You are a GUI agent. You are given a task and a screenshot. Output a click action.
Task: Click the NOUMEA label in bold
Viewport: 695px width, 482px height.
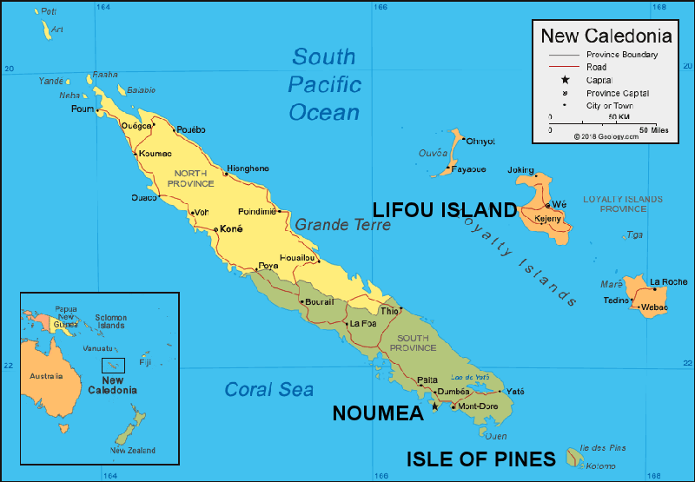pos(377,415)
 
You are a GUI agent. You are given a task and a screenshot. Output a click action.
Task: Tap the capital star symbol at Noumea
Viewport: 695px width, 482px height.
pos(434,406)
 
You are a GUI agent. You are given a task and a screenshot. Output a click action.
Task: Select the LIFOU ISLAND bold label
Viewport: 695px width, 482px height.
pos(444,209)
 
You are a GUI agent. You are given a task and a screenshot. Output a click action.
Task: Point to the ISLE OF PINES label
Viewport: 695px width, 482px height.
pos(480,459)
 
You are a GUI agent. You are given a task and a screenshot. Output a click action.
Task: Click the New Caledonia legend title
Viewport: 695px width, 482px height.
pos(606,36)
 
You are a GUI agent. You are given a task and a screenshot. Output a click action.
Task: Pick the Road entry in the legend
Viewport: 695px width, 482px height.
pos(596,67)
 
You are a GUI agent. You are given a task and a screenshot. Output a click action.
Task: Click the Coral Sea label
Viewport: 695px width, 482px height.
pos(269,390)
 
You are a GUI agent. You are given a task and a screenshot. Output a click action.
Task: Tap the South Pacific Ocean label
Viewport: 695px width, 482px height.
pos(324,84)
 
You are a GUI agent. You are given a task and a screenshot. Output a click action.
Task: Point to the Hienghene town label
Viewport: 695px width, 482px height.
pos(248,168)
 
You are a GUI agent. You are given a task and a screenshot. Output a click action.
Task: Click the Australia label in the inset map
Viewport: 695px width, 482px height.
pos(47,376)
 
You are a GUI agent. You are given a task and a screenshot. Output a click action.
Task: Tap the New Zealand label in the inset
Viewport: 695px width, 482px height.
pos(133,451)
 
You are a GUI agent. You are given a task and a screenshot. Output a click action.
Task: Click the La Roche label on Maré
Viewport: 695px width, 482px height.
pos(669,281)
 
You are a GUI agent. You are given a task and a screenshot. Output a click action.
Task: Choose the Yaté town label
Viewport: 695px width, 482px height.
pos(515,391)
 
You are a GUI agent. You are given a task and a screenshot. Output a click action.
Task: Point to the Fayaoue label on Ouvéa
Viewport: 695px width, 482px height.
pos(469,168)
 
